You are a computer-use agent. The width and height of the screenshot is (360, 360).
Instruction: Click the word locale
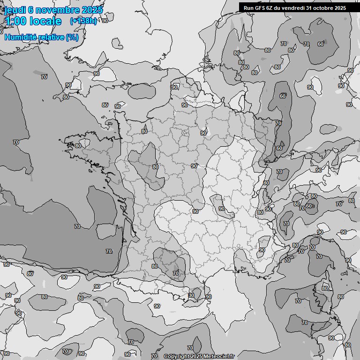45,22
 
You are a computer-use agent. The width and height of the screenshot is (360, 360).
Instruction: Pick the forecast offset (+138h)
83,21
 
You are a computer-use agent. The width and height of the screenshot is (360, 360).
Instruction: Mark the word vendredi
295,7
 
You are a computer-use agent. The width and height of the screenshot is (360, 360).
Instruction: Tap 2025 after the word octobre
340,7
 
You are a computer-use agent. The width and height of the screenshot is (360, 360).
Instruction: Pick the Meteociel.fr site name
219,357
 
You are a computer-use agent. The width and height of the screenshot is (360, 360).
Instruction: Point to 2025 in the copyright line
197,357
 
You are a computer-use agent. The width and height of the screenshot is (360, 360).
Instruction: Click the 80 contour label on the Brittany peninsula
78,146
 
